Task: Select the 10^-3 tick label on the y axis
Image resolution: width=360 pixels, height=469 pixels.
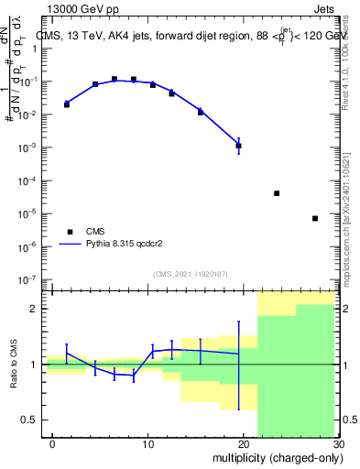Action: [30, 147]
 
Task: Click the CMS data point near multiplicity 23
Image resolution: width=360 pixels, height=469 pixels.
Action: [277, 193]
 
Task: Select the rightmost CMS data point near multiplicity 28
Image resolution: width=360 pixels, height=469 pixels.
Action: [315, 218]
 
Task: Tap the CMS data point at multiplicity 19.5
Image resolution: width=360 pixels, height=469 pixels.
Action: [238, 146]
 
